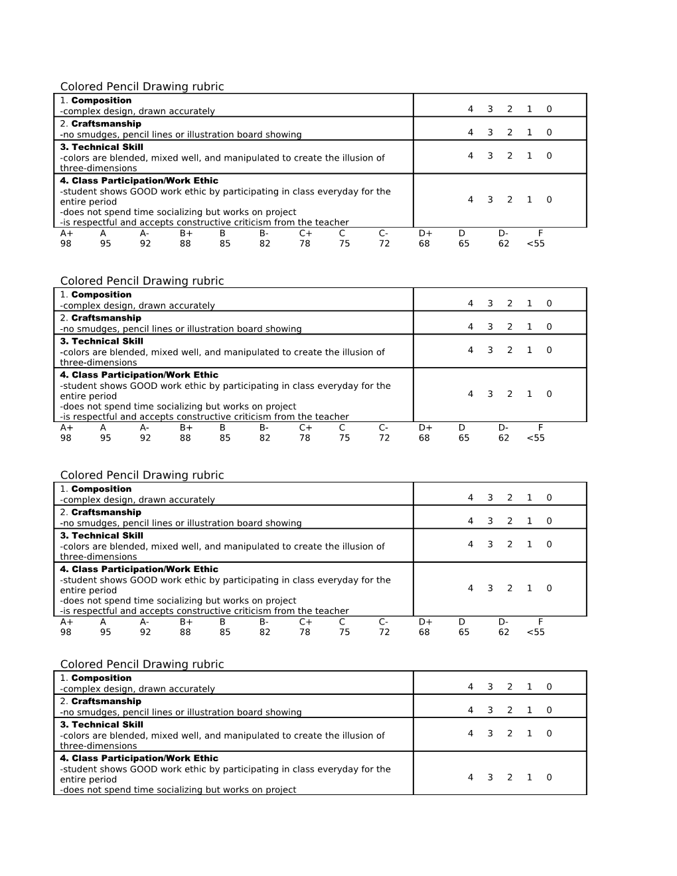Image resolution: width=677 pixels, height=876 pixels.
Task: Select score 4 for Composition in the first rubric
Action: click(471, 109)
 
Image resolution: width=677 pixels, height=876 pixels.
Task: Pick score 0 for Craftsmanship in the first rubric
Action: click(549, 132)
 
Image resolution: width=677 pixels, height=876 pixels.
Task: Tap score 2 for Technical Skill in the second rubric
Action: click(510, 350)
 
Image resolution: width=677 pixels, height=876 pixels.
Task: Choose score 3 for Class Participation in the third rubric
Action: click(490, 588)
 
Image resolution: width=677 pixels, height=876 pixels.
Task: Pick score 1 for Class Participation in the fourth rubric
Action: click(529, 777)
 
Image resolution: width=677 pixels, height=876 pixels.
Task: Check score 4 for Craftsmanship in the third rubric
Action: click(471, 521)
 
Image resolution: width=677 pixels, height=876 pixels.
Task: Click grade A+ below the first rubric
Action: click(66, 233)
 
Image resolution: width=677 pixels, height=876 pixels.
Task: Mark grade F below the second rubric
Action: click(540, 427)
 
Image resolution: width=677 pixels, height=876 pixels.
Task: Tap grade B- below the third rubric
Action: click(264, 622)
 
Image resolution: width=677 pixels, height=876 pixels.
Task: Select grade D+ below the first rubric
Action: click(425, 233)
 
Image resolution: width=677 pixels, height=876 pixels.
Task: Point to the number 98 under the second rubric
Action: click(66, 438)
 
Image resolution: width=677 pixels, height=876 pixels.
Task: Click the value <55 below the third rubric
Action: click(536, 632)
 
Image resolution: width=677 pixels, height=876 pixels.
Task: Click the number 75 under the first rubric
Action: click(344, 244)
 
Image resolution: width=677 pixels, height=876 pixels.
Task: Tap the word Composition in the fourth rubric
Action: click(101, 678)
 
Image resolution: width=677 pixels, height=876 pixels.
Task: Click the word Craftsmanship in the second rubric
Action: click(106, 318)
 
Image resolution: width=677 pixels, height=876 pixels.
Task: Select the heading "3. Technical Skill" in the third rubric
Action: click(101, 536)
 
